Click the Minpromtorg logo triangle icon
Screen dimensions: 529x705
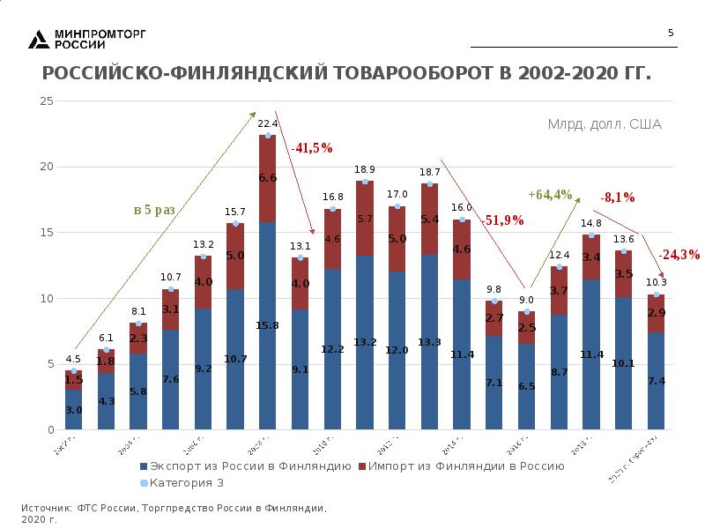(39, 39)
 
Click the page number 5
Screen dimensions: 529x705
(671, 34)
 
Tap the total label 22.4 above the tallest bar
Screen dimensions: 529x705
(268, 124)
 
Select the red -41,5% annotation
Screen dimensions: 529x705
(313, 148)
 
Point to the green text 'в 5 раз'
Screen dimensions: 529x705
(154, 210)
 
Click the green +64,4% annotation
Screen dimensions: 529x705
(550, 194)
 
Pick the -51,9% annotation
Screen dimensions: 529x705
(502, 220)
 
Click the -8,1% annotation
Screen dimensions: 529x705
(618, 197)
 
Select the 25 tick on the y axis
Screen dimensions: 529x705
(47, 101)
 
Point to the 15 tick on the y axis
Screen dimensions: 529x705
(47, 233)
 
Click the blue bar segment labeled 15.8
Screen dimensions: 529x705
(268, 326)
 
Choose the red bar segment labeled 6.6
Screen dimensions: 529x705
(268, 178)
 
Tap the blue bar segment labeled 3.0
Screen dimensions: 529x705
(74, 410)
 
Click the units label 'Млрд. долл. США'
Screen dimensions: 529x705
(605, 124)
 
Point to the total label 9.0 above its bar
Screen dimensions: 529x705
(526, 300)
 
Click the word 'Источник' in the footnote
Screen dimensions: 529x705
(46, 509)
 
